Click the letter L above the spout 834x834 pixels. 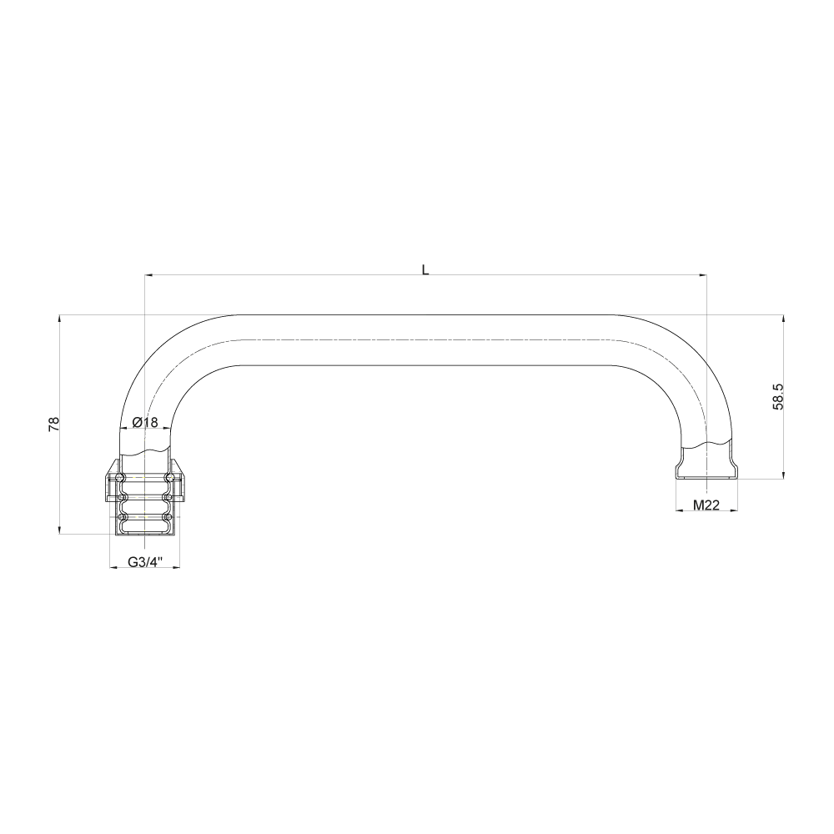tap(425, 269)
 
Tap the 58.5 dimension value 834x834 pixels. tap(777, 397)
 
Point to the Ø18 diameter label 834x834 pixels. tap(145, 423)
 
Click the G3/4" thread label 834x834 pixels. tap(144, 562)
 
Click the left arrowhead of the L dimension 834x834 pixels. tap(148, 274)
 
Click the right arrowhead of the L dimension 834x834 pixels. tap(702, 274)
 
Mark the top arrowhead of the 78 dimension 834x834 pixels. tap(60, 319)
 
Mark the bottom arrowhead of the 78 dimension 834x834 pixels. tap(60, 530)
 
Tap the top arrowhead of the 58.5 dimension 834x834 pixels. tap(783, 319)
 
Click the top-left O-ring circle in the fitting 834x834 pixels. tap(122, 477)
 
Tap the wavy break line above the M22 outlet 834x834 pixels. tap(706, 442)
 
